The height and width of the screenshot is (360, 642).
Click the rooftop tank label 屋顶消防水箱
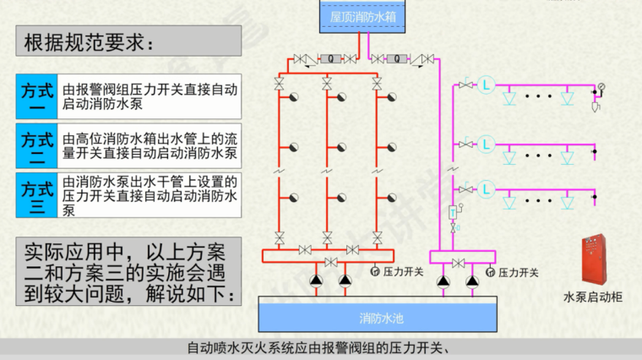(362, 17)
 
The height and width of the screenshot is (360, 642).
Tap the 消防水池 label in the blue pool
(382, 319)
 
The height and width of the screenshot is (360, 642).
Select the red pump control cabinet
(594, 259)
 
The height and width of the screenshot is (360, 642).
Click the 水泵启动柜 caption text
(593, 297)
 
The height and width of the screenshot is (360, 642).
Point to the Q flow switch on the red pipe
(330, 59)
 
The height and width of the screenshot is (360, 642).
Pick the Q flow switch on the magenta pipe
(396, 59)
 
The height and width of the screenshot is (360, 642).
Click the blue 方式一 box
(37, 96)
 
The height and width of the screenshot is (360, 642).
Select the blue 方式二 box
(37, 146)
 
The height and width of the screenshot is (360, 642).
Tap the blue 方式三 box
(37, 195)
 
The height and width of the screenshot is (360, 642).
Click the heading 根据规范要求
(90, 42)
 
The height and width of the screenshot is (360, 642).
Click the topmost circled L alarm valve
(486, 85)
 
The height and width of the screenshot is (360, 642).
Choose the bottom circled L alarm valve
(486, 189)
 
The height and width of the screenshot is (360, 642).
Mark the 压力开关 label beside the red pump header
(403, 271)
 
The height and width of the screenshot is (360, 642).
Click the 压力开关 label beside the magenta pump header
(518, 272)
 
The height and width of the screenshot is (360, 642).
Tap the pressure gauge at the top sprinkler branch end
(601, 86)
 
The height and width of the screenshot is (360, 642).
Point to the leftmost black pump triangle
(316, 280)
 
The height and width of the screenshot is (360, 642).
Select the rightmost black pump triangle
(472, 281)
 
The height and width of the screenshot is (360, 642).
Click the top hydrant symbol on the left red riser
(294, 97)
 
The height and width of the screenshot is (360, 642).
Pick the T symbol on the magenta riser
(453, 213)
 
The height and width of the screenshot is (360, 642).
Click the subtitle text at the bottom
(319, 348)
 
